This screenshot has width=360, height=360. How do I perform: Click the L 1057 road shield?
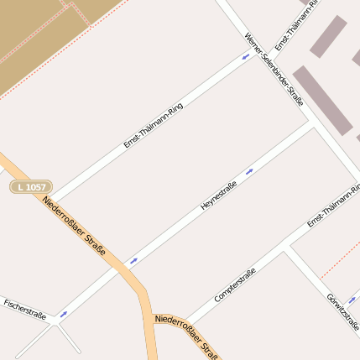click(31, 186)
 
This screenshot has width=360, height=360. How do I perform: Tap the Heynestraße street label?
click(219, 195)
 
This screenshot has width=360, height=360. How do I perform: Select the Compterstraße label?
click(235, 285)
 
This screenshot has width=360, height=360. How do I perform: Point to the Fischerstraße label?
click(24, 309)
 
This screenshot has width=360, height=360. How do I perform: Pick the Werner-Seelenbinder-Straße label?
click(273, 70)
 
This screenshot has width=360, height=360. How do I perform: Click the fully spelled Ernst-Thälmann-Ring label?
click(153, 126)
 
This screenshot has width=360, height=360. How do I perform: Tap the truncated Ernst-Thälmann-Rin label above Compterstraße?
click(333, 204)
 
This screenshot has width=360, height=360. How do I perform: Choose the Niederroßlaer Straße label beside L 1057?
click(74, 226)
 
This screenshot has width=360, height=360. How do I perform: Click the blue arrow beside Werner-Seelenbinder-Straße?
click(246, 56)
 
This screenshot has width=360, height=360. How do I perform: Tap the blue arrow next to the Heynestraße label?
click(249, 170)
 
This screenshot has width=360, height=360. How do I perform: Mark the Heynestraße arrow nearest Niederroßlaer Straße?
click(133, 261)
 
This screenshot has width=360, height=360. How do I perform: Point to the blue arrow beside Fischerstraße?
click(63, 314)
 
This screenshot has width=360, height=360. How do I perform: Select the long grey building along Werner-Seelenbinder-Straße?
click(322, 100)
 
